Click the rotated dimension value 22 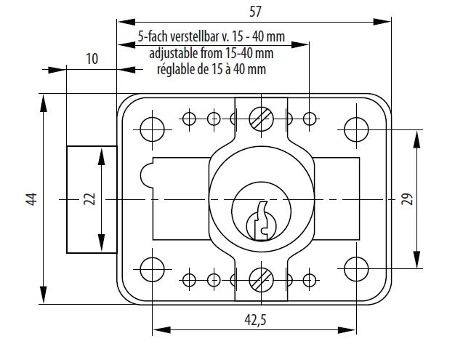tap(89, 199)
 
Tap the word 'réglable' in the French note tap(179, 70)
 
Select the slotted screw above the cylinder tap(259, 119)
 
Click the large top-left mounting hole tap(152, 128)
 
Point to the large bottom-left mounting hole tap(152, 268)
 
